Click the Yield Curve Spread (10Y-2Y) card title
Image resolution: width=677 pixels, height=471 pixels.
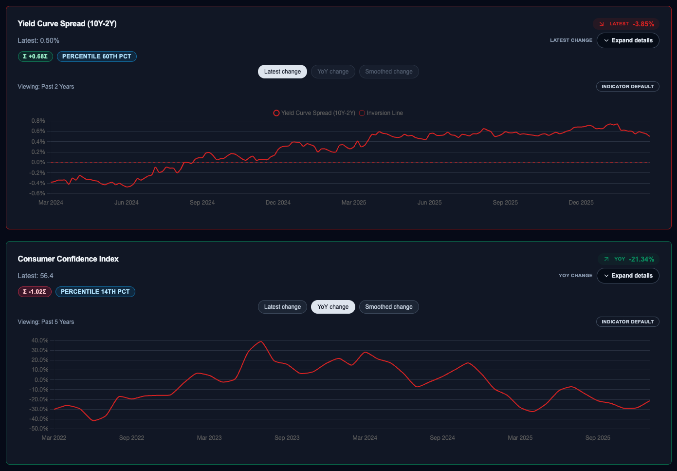(x=67, y=23)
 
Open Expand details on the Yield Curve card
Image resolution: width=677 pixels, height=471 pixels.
(x=628, y=40)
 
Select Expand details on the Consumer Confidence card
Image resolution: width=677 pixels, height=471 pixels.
(x=628, y=276)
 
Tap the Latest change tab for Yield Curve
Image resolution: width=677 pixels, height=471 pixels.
(x=282, y=72)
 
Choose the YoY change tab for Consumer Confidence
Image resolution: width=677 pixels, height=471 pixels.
(x=333, y=307)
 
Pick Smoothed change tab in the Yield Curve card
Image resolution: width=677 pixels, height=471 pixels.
(x=389, y=72)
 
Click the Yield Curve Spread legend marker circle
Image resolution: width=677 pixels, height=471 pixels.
(x=276, y=113)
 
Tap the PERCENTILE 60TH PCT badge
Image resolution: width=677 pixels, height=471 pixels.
(x=97, y=57)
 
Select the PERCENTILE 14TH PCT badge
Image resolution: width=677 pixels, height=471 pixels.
(x=95, y=292)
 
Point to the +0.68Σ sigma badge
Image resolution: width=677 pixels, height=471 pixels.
(x=36, y=57)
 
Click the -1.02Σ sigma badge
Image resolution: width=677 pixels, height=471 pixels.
(x=35, y=292)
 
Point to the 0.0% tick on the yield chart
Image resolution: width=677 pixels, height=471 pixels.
(x=38, y=162)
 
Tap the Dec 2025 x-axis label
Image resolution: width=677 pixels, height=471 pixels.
(x=581, y=203)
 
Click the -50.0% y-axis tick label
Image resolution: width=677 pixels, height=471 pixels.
(x=39, y=429)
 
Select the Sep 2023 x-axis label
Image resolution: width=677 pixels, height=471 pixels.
(x=287, y=438)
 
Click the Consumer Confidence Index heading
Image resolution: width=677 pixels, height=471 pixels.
(x=68, y=259)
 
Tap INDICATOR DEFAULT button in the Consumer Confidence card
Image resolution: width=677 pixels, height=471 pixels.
(x=627, y=322)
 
